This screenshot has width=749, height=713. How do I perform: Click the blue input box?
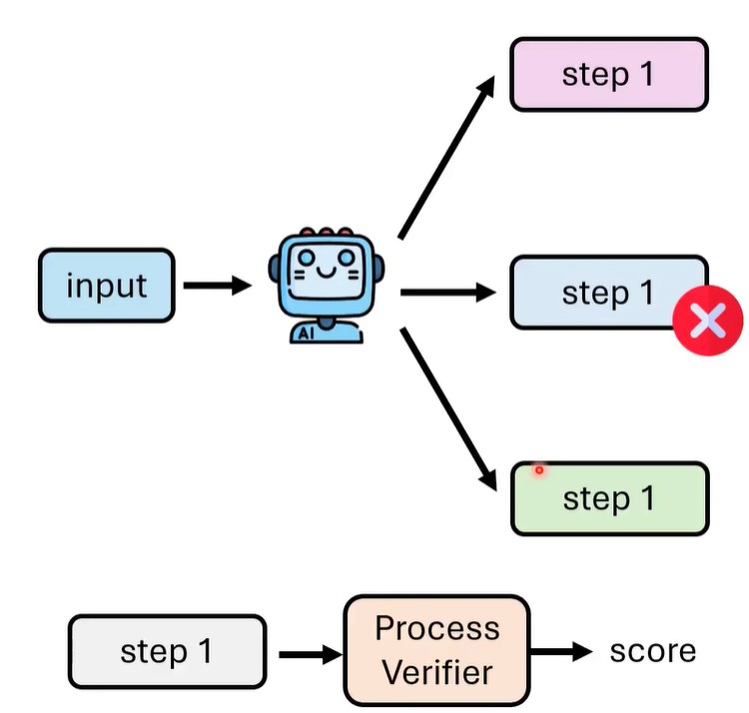(107, 286)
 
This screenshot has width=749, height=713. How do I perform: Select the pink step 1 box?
(608, 74)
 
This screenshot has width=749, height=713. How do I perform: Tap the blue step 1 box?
(608, 293)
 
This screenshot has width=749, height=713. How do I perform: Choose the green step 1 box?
(608, 497)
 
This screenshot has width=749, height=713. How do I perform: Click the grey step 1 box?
(167, 652)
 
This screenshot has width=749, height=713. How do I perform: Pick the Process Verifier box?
(436, 650)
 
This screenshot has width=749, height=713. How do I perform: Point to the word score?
(652, 651)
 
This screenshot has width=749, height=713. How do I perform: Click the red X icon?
(708, 321)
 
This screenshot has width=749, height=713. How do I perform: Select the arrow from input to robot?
(217, 287)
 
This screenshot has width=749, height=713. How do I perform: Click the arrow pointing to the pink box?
(446, 158)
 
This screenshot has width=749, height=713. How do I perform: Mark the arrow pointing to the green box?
(448, 407)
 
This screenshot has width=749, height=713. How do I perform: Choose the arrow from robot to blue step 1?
(446, 293)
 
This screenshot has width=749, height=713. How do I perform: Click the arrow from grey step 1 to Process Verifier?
(310, 655)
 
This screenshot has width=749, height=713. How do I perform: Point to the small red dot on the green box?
(539, 469)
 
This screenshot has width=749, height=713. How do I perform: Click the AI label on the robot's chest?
(307, 335)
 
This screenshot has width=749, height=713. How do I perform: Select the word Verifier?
(436, 672)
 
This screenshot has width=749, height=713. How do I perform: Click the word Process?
(436, 629)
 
